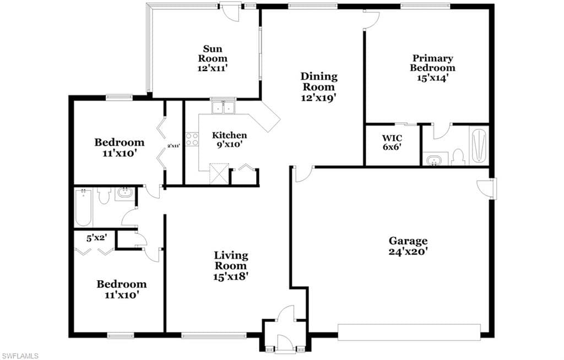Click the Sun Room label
pyautogui.click(x=213, y=53)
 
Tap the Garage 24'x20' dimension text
pyautogui.click(x=408, y=252)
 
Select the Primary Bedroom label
pyautogui.click(x=432, y=63)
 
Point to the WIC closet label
pyautogui.click(x=392, y=138)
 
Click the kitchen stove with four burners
pyautogui.click(x=192, y=139)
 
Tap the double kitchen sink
pyautogui.click(x=223, y=107)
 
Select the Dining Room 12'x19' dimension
pyautogui.click(x=319, y=97)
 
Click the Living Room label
pyautogui.click(x=231, y=261)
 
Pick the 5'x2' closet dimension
pyautogui.click(x=96, y=238)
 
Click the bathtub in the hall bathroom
pyautogui.click(x=83, y=208)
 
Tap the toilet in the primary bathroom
pyautogui.click(x=458, y=157)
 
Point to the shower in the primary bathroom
pyautogui.click(x=479, y=145)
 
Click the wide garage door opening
pyautogui.click(x=409, y=332)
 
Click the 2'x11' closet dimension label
pyautogui.click(x=173, y=146)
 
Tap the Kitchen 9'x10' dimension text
pyautogui.click(x=229, y=145)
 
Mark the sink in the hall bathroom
pyautogui.click(x=124, y=194)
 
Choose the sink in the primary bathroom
pyautogui.click(x=435, y=159)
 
